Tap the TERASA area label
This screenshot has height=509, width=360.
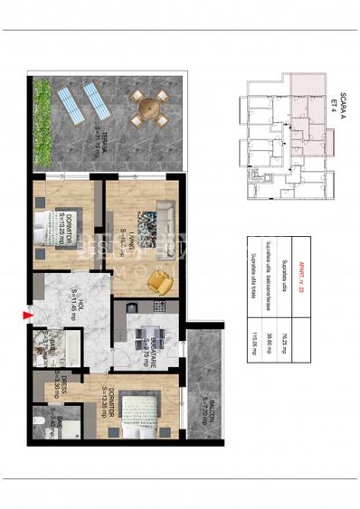click(108, 146)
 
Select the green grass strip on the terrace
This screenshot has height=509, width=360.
click(42, 121)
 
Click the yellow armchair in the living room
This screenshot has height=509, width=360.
click(159, 283)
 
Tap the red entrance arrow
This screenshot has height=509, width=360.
click(25, 316)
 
